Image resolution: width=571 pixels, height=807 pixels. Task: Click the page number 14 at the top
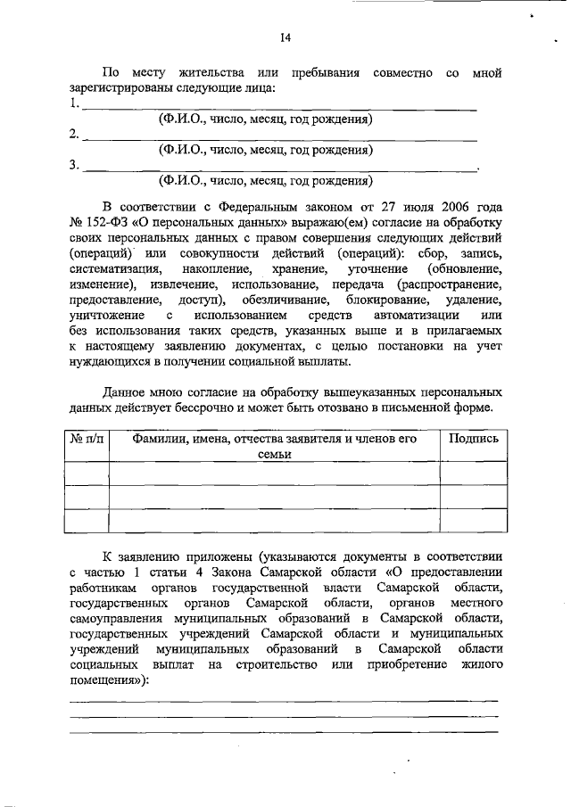pyautogui.click(x=285, y=37)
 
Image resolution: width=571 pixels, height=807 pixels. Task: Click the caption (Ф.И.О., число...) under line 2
pyautogui.click(x=265, y=150)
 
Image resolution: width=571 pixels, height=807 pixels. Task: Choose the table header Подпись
pyautogui.click(x=474, y=438)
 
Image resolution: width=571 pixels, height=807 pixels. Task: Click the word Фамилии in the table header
pyautogui.click(x=162, y=438)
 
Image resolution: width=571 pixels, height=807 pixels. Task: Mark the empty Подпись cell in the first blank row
pyautogui.click(x=474, y=473)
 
